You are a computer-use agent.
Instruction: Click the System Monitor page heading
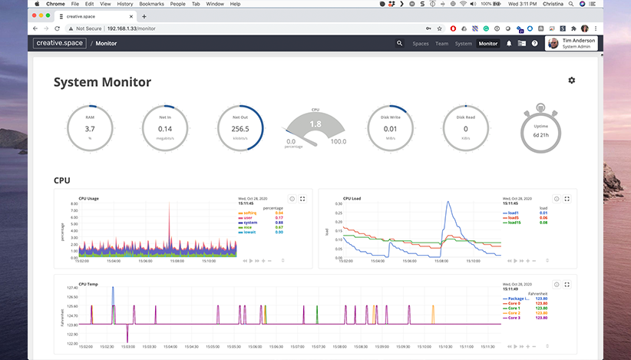(102, 82)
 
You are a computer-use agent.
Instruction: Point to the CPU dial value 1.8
(315, 124)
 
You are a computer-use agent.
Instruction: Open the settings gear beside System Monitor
(571, 81)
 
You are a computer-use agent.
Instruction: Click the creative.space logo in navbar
(60, 44)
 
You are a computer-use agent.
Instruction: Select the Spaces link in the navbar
(421, 44)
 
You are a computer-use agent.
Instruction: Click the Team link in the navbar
(441, 44)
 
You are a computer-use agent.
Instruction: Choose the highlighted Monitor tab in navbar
(488, 44)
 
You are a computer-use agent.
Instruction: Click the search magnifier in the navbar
(399, 44)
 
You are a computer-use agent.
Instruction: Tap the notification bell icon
(508, 44)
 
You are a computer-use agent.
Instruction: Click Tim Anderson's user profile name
(579, 41)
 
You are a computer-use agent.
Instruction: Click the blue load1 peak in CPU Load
(448, 204)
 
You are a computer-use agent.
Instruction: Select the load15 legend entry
(514, 223)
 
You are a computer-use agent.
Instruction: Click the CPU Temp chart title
(89, 283)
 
